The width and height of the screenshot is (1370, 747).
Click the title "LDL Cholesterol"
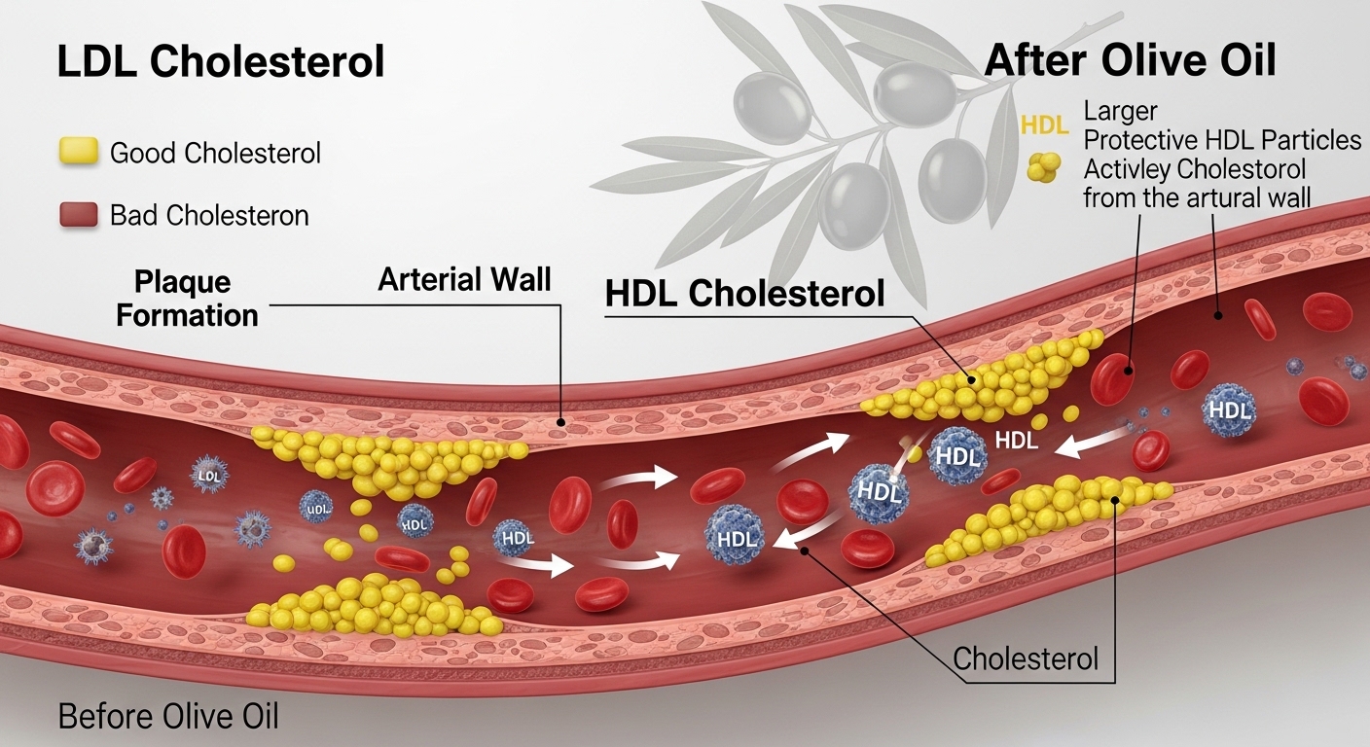coord(221,62)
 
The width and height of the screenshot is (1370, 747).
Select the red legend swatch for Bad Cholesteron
coord(79,215)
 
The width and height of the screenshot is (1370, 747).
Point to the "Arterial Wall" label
coord(464,280)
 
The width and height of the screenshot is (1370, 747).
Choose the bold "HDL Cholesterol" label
coord(744,294)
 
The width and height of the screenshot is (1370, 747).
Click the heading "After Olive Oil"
coord(1130,61)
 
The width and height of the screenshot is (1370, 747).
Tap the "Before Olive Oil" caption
coord(168,717)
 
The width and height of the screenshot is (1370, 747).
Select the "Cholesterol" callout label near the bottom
coord(1026,658)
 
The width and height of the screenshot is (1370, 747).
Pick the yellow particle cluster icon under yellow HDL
coord(1043,168)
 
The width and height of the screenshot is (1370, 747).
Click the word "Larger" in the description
coord(1120,112)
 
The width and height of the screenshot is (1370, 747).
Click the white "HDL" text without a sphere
coord(1017,441)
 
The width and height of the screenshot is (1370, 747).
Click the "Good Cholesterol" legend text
coord(215,153)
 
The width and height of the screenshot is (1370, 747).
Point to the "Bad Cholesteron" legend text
coord(209,215)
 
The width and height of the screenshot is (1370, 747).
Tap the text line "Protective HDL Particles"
coord(1222,140)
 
